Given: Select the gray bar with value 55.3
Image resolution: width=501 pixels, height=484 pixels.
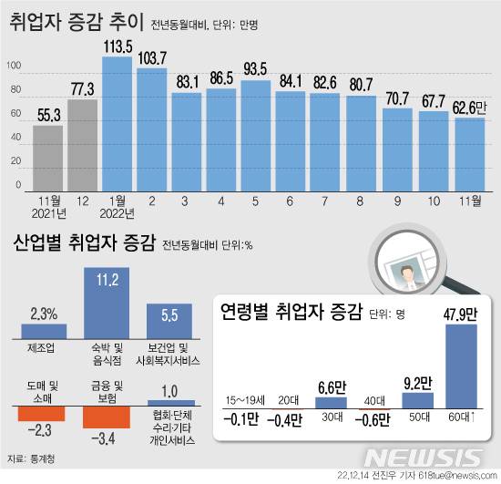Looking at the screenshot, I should tap(48, 159).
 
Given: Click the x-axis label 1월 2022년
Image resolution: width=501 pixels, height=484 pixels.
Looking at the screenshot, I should tap(118, 209).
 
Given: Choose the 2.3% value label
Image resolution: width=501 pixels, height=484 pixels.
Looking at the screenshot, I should tap(44, 313).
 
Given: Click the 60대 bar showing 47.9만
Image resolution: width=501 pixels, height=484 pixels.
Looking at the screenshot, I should tap(461, 366).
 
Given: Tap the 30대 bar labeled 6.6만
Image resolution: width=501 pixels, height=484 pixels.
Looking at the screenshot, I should tap(332, 402).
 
